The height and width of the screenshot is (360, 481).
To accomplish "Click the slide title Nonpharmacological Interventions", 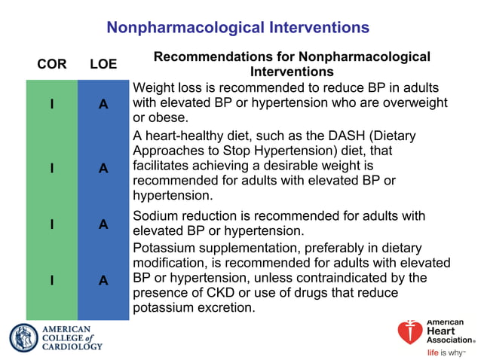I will tap(237, 28).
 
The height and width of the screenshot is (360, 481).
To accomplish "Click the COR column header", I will tap(51, 64).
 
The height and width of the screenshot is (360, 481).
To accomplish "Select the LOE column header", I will tap(103, 64).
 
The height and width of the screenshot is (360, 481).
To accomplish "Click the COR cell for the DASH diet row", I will tap(51, 169).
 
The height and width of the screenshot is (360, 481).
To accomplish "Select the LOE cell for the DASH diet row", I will tap(103, 169).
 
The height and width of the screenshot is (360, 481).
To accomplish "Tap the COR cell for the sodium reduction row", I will tap(51, 224).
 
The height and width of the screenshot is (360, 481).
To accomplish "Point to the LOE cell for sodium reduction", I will tap(103, 224).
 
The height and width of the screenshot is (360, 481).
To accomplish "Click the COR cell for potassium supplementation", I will tap(51, 280).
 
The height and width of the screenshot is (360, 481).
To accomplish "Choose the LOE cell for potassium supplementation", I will tap(103, 280).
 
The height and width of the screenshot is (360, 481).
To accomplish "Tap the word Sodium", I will tap(155, 216).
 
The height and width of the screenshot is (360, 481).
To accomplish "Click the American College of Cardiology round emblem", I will tap(23, 338).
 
